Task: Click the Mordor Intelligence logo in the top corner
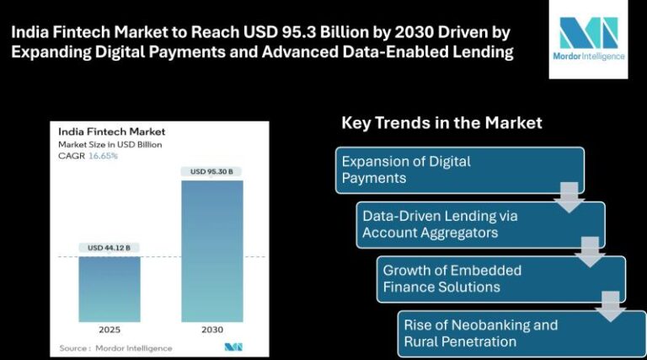pos(588,39)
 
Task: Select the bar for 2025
pos(110,289)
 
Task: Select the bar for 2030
pos(212,251)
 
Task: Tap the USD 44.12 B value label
pos(109,248)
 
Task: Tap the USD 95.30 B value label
pos(211,171)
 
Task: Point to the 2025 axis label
pos(110,330)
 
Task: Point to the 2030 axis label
pos(212,330)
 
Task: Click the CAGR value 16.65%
pos(103,156)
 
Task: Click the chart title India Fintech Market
pos(112,132)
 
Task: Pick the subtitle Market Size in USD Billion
pos(110,144)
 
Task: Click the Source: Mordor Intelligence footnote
pos(115,348)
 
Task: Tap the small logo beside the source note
pos(233,347)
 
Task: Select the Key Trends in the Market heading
pos(441,122)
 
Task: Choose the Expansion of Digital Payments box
pos(460,170)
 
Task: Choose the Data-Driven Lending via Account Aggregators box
pos(480,224)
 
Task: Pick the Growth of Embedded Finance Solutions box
pos(501,279)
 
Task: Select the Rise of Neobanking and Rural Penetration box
pos(522,334)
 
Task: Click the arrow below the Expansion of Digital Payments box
pos(569,198)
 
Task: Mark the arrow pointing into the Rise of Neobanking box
pos(610,307)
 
